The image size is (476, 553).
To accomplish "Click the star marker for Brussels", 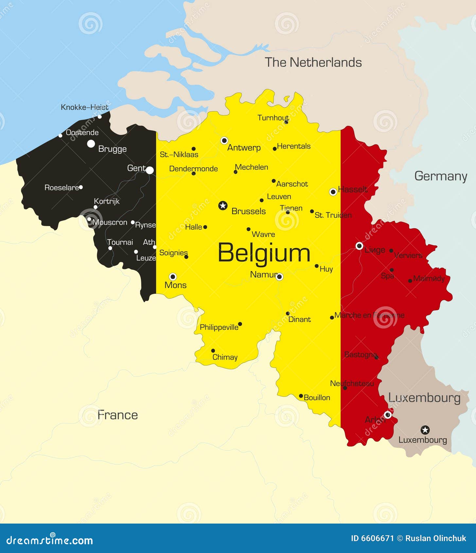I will pos(223,205).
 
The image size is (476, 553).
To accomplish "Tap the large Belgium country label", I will pos(264,253).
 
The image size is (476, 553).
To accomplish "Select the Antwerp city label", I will pos(244,148).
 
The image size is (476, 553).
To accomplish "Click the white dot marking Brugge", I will pos(91,144).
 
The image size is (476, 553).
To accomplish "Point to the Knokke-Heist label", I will pos(84,107).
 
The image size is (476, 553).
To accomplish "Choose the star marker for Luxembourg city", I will pos(425,430).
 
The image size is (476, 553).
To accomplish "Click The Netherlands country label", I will pos(313,62).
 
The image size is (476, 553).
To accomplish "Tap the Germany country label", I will pos(440,176).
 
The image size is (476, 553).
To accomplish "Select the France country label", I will pos(117,415).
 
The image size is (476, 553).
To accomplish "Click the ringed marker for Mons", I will pos(173,277).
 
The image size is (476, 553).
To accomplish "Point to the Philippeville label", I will pos(219,327).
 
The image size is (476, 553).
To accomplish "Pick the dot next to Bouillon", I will pos(301,396).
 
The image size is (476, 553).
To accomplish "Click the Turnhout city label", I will pos(273,118).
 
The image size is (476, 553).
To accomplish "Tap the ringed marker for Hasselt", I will pos(333,192).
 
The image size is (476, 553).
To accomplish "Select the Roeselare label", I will pos(62,187).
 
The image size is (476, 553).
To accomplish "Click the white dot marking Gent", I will pos(150,170).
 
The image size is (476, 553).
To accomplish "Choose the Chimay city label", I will pos(225,357).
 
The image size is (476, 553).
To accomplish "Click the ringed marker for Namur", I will pos(279,277).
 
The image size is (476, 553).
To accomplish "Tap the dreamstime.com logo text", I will pos(50,540).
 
